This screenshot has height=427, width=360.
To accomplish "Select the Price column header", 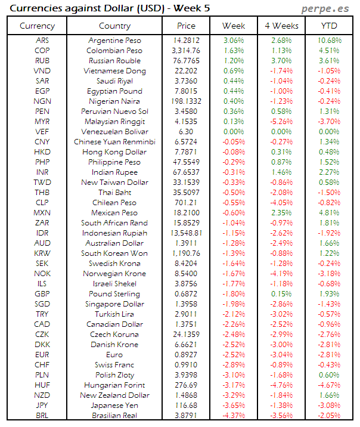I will coord(186,26).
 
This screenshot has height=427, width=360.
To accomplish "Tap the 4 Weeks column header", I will coord(281,26).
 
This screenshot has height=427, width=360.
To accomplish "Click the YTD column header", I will coord(329,26).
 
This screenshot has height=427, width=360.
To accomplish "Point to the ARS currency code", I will coord(42,41).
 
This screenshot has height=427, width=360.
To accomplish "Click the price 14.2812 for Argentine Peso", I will coord(186,41).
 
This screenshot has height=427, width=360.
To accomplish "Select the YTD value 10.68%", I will coord(329,41).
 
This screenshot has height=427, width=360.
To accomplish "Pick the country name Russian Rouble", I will coord(114,61).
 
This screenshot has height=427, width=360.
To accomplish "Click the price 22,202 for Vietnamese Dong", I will coord(186,71).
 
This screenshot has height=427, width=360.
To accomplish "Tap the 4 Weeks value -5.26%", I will coord(281,122).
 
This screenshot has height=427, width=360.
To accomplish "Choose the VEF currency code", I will coord(42,132).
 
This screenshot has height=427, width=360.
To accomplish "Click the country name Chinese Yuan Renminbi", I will coord(114,142).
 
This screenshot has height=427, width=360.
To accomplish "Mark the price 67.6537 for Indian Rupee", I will coord(186,172).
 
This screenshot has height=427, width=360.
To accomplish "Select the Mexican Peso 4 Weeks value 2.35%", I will coord(281,213).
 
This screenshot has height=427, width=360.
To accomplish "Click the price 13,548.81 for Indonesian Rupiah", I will coord(186,233).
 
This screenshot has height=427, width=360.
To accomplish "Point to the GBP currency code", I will coord(42,294).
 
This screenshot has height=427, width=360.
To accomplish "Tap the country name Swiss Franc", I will coord(114,365).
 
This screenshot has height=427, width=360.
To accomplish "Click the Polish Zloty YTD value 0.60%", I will coord(329,375).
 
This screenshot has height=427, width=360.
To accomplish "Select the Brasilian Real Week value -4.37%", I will coord(233,416).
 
